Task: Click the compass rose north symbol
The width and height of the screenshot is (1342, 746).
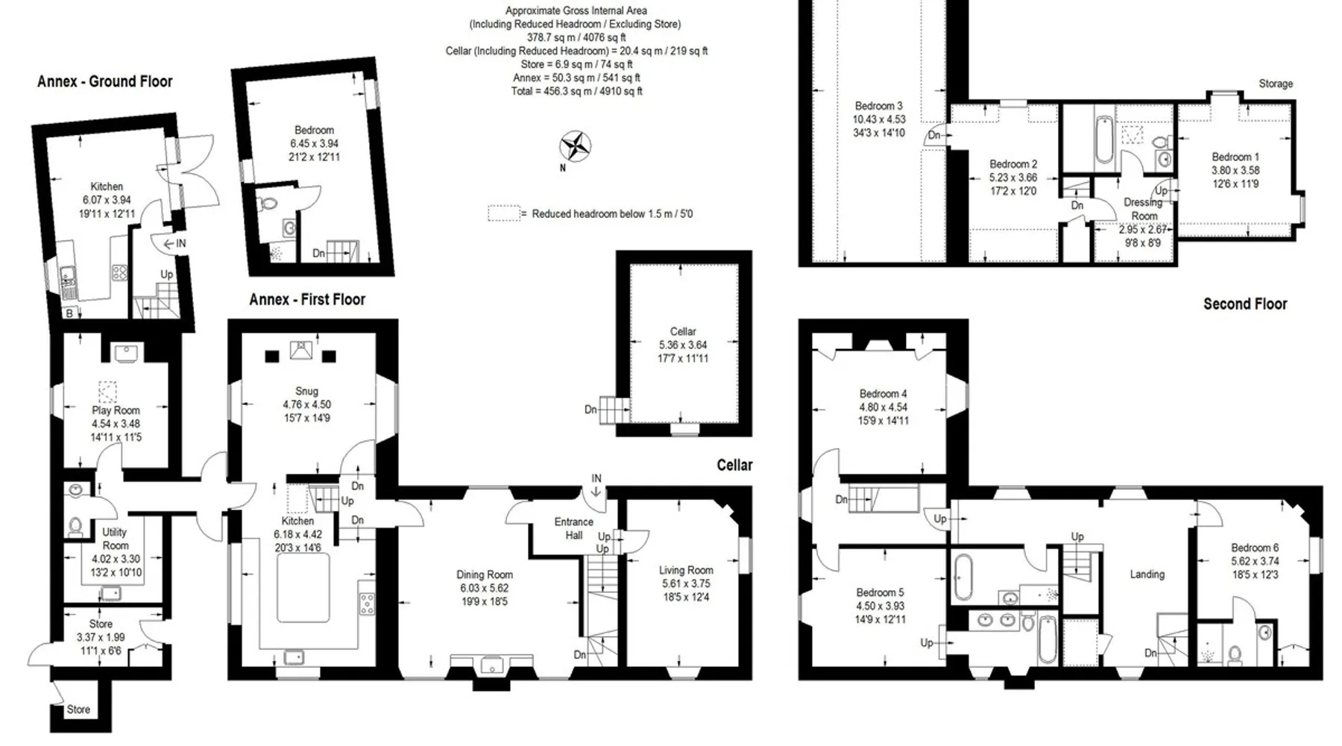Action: coord(576,146)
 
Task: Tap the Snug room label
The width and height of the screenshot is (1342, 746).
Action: coord(306,391)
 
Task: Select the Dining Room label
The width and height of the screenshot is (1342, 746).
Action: coord(485,574)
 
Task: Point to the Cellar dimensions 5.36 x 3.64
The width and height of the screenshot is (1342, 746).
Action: coord(683,345)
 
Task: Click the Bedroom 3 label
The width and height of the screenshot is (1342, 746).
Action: coord(878,106)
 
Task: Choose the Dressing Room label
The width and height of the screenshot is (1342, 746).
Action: coord(1144,209)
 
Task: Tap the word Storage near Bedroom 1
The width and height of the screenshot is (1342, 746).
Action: coord(1276,84)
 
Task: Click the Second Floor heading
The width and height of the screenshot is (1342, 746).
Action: coord(1245,304)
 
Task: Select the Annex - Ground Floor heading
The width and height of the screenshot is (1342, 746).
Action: coord(105,81)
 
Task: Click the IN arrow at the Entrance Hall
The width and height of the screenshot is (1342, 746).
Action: coord(596,491)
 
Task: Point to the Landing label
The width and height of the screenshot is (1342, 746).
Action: coord(1147,574)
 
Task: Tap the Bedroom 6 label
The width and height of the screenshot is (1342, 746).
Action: coord(1255,548)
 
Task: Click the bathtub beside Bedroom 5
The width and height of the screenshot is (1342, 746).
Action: coord(963,577)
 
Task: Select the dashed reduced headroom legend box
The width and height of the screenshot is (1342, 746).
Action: coord(504,213)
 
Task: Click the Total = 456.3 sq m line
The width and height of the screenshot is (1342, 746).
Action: coord(576,91)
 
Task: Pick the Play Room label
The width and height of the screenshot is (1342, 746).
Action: coord(116,410)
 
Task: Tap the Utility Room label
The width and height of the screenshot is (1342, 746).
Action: coord(116,539)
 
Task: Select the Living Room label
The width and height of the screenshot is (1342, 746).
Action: coord(686,570)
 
